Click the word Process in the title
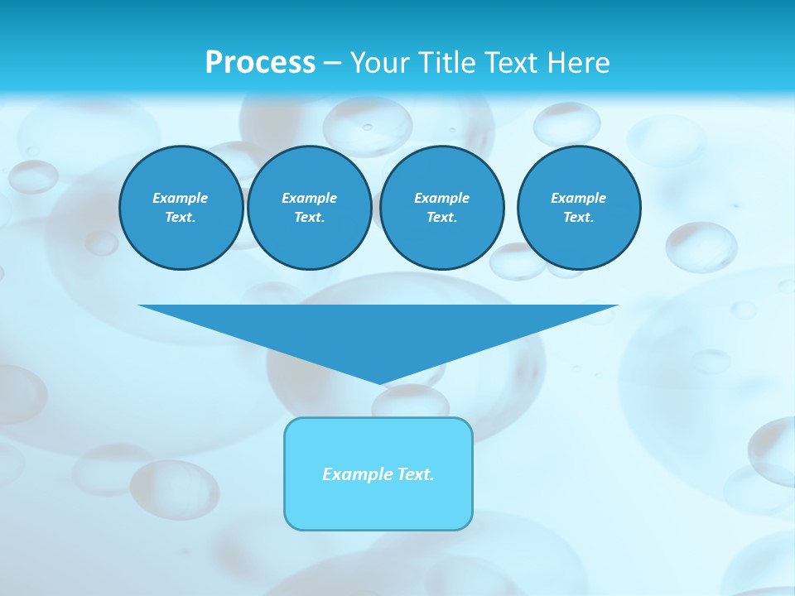tap(260, 63)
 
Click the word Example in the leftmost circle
tap(181, 198)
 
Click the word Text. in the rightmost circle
tap(578, 217)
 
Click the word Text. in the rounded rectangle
tap(416, 474)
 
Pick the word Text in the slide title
tap(510, 63)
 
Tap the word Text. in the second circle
tap(309, 217)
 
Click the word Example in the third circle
tap(441, 198)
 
